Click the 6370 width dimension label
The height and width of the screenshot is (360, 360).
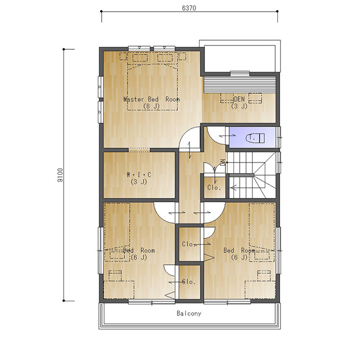pyautogui.click(x=189, y=8)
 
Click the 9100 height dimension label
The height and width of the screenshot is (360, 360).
pyautogui.click(x=60, y=175)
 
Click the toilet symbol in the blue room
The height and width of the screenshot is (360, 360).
pyautogui.click(x=255, y=138)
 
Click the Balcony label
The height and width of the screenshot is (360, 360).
pyautogui.click(x=189, y=313)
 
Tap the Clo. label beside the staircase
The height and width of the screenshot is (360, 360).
pyautogui.click(x=214, y=187)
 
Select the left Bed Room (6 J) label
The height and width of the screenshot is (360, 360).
pyautogui.click(x=139, y=254)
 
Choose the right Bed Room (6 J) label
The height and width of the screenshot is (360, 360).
pyautogui.click(x=239, y=254)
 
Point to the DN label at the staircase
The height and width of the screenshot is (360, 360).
pyautogui.click(x=222, y=162)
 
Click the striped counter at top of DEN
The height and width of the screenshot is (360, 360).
pyautogui.click(x=240, y=85)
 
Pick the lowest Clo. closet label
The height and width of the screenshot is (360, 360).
pyautogui.click(x=189, y=282)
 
